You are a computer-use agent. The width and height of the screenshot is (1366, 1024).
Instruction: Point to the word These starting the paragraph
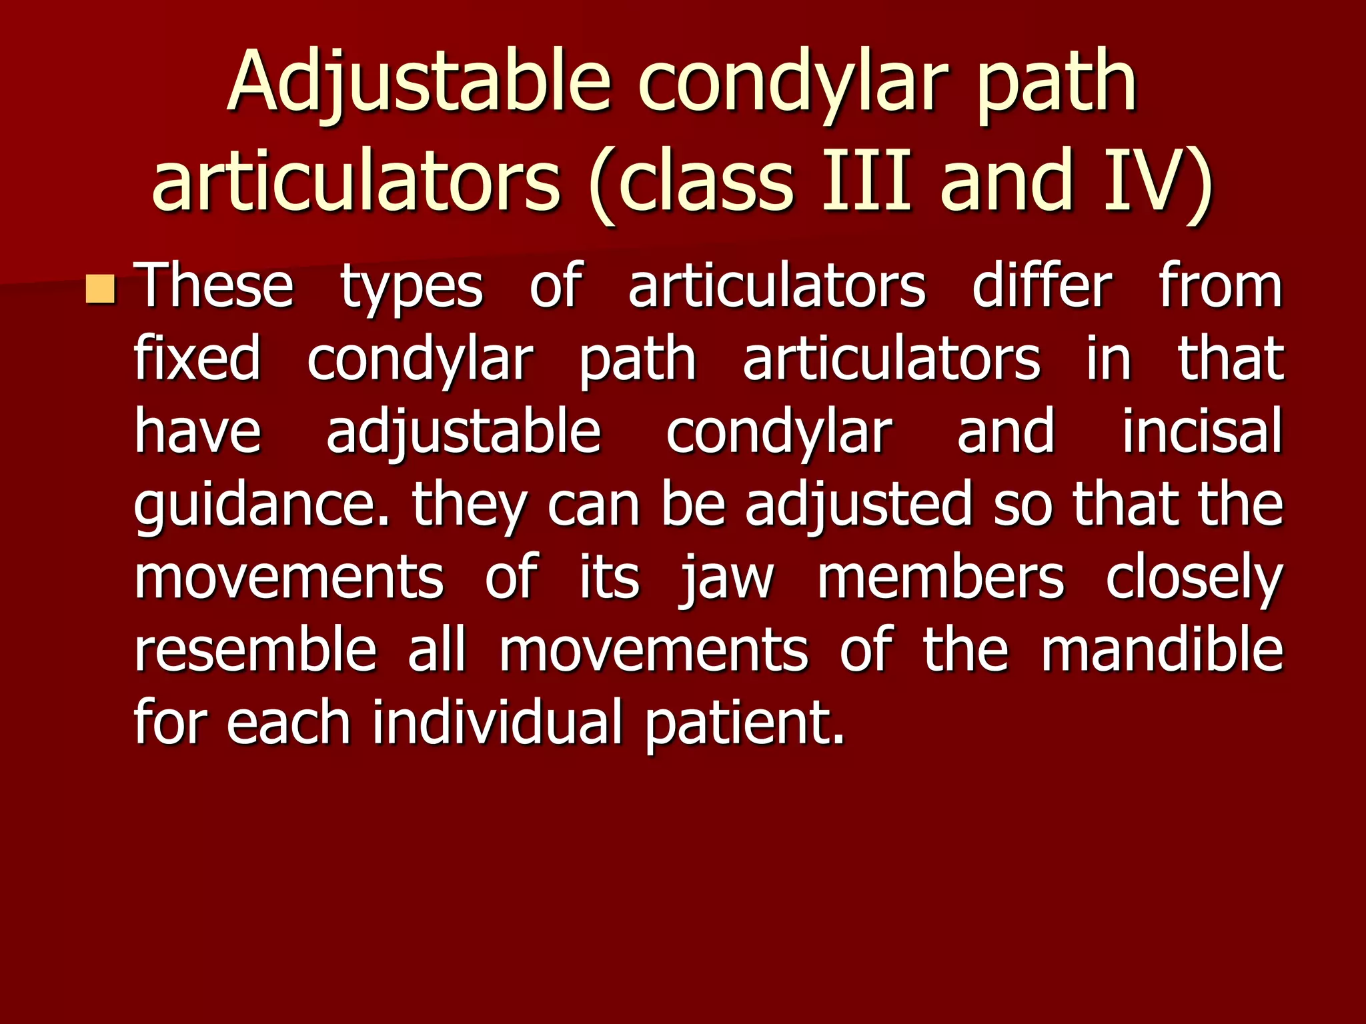[x=214, y=287]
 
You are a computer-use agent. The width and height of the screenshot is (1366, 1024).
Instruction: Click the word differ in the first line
[x=1042, y=287]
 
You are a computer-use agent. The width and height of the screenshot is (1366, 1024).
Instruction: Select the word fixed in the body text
[x=197, y=360]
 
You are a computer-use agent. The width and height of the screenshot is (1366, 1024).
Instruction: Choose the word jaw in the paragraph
[x=727, y=579]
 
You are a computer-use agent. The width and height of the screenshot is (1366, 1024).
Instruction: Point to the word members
[x=940, y=578]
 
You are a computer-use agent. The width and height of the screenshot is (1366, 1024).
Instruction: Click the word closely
[x=1194, y=579]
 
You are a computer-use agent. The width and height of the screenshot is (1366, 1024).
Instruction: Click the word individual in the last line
[x=497, y=723]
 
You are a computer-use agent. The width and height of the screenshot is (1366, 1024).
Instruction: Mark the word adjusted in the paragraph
[x=859, y=505]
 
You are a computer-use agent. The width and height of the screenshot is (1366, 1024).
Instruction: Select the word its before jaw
[x=609, y=578]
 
